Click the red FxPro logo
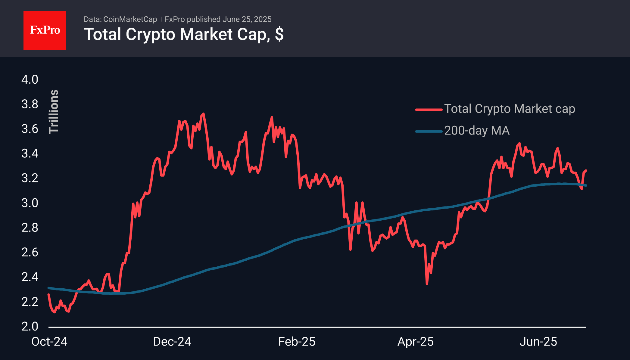(45, 30)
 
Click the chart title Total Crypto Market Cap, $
(183, 34)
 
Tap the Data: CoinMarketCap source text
(120, 19)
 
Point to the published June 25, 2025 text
(218, 19)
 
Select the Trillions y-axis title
(54, 111)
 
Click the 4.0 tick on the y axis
(30, 80)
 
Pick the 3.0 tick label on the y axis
(30, 203)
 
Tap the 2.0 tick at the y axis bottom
(30, 327)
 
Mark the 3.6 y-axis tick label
(30, 129)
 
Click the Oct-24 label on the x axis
(49, 342)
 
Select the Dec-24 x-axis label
(172, 342)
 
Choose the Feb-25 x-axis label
(297, 342)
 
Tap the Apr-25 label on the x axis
(416, 342)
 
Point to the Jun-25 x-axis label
(538, 342)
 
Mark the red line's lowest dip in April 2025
(427, 284)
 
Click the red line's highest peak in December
(204, 114)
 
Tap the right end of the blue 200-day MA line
(586, 185)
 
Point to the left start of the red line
(49, 294)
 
